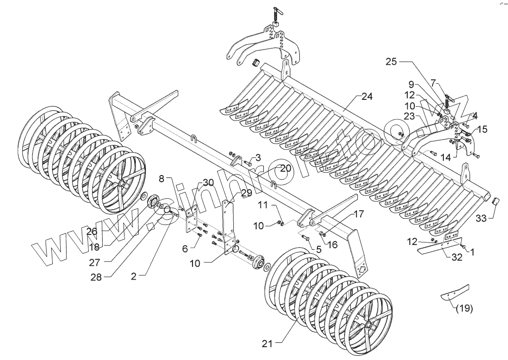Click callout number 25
[x=391, y=62]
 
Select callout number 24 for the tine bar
[x=367, y=97]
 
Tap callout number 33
[x=481, y=218]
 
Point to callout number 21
[x=267, y=343]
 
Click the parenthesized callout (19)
[x=464, y=308]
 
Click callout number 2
[x=134, y=276]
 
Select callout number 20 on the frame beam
[x=285, y=168]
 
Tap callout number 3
[x=258, y=157]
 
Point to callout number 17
[x=359, y=214]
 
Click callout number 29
[x=246, y=193]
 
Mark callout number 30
[x=209, y=183]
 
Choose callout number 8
[x=162, y=179]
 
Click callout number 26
[x=92, y=232]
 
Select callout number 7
[x=433, y=83]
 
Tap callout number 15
[x=482, y=129]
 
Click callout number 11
[x=263, y=205]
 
